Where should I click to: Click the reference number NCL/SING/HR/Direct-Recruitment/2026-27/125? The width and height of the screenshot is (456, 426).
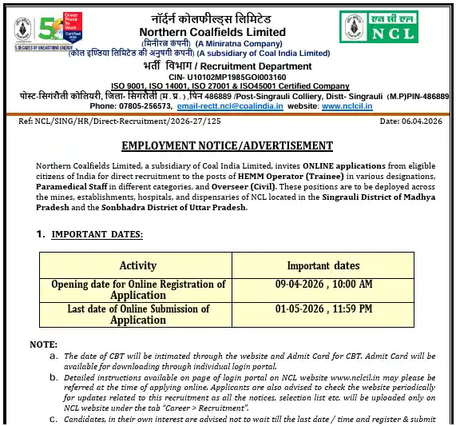(121, 121)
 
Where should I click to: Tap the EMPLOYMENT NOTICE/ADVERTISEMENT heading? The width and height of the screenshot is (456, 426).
(227, 145)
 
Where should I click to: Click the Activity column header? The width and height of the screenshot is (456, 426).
(137, 265)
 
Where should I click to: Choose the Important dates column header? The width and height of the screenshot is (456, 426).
(323, 265)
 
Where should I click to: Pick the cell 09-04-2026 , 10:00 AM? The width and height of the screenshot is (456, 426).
(323, 285)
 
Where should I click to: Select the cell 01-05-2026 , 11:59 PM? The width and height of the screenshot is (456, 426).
(323, 309)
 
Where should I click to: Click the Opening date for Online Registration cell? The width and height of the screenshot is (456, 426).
(138, 289)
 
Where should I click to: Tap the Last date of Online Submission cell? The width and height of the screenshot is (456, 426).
(138, 314)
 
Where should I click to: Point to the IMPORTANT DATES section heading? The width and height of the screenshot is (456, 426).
(97, 234)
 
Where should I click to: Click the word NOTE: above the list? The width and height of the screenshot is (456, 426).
(43, 344)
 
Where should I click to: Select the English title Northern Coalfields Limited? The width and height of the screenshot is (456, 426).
(229, 31)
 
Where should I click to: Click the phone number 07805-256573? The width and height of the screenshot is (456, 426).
(145, 106)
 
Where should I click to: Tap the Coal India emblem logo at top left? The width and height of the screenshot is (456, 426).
(23, 30)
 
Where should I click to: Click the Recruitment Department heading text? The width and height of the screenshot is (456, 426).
(256, 65)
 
